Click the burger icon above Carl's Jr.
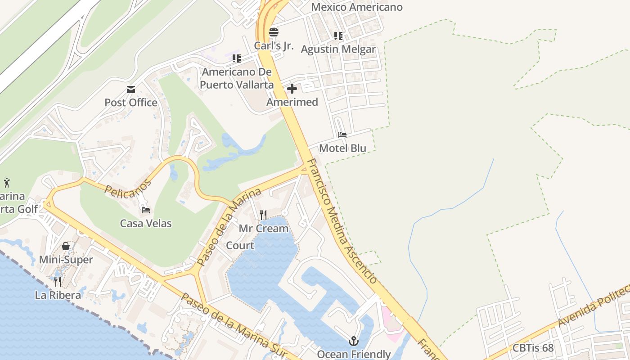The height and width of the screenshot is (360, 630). (274, 32)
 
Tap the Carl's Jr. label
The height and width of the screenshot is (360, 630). (274, 45)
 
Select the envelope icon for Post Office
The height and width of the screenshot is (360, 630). (131, 90)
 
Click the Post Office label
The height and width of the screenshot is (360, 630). (131, 103)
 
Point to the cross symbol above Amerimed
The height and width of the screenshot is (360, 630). (292, 89)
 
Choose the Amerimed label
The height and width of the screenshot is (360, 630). (292, 102)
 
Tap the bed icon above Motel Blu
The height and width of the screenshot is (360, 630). (342, 135)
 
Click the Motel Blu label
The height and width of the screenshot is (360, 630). (342, 148)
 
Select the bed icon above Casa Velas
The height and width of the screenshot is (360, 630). (146, 210)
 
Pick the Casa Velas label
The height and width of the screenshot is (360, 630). (146, 223)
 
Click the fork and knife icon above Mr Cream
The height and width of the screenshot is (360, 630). (263, 215)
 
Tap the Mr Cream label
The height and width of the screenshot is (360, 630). (263, 229)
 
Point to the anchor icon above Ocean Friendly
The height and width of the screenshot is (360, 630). (353, 341)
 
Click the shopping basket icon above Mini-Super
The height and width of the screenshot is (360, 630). (66, 246)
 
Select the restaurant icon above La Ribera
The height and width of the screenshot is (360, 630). (58, 282)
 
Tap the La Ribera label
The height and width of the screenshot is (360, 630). (58, 295)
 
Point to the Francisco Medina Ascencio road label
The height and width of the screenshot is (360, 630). (342, 220)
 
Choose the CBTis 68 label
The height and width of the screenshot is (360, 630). (533, 348)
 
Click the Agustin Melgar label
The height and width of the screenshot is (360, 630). (338, 49)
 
